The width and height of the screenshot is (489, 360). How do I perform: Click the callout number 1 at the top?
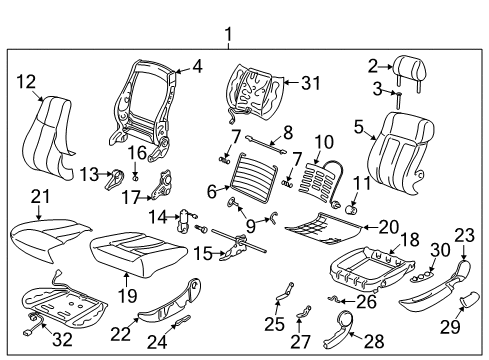pos(229,37)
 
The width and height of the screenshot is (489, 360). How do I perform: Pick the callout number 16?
pos(137,153)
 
